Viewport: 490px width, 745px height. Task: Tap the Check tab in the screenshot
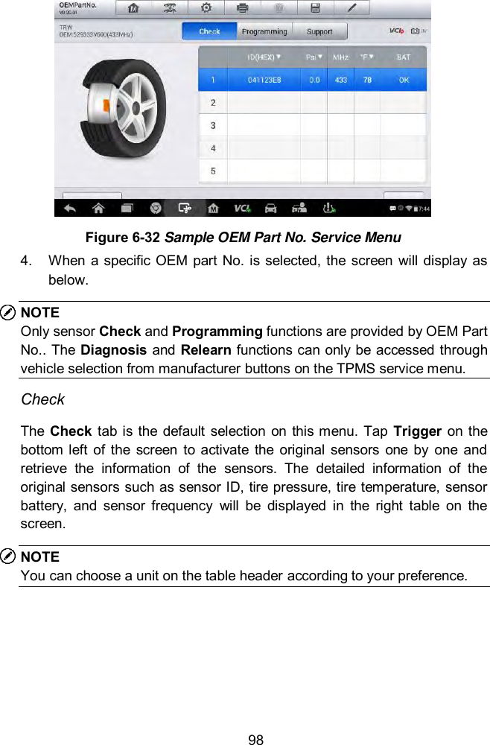209,31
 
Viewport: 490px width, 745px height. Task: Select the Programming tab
264,31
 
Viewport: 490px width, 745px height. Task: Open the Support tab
319,31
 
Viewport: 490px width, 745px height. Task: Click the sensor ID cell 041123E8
264,80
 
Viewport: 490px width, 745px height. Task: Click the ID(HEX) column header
264,57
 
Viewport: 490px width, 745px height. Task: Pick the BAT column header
403,57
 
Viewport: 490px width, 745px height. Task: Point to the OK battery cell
403,80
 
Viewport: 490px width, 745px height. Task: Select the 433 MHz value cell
340,80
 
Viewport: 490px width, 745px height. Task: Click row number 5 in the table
213,171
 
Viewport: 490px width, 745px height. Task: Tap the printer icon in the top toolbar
243,9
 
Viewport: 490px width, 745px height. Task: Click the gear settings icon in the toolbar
206,9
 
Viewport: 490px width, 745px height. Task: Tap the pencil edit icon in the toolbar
352,9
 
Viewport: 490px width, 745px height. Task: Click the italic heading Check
42,399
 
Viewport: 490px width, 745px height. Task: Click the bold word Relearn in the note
175,350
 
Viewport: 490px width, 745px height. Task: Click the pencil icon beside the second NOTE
10,557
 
